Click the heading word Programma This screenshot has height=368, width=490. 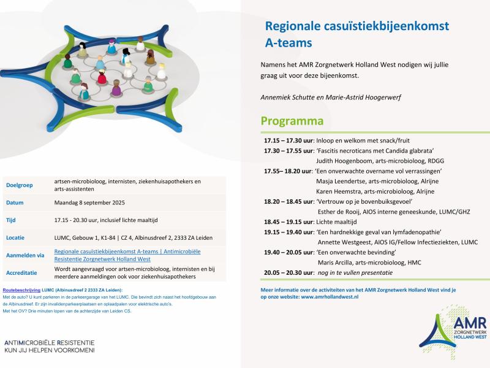(x=292, y=121)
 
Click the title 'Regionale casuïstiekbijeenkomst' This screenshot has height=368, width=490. (x=356, y=26)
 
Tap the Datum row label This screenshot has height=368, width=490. (x=15, y=202)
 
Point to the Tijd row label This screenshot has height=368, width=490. (x=10, y=219)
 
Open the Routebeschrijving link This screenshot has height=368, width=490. (x=21, y=289)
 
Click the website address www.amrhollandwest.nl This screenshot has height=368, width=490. (x=330, y=296)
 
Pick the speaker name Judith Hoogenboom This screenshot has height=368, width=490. (x=345, y=161)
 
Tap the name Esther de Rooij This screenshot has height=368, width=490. (x=342, y=212)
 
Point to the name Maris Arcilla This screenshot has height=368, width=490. (x=339, y=262)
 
